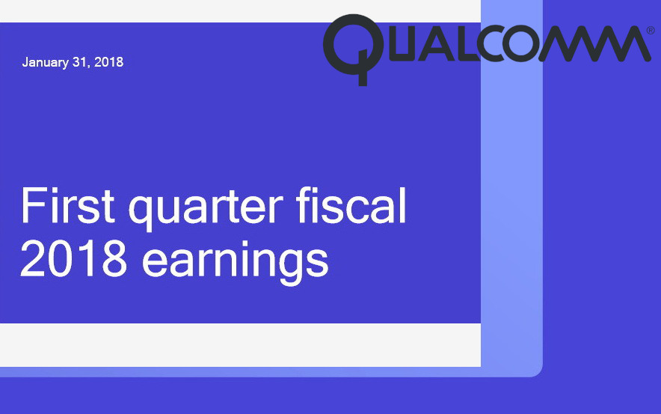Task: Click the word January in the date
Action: click(46, 63)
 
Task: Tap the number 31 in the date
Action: click(79, 62)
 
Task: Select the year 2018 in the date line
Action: click(108, 62)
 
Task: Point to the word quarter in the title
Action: click(206, 210)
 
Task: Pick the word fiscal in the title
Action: click(351, 206)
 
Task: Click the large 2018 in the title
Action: click(74, 260)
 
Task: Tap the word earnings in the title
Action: click(236, 263)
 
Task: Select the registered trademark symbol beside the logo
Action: click(651, 31)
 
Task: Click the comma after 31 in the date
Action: click(88, 67)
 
